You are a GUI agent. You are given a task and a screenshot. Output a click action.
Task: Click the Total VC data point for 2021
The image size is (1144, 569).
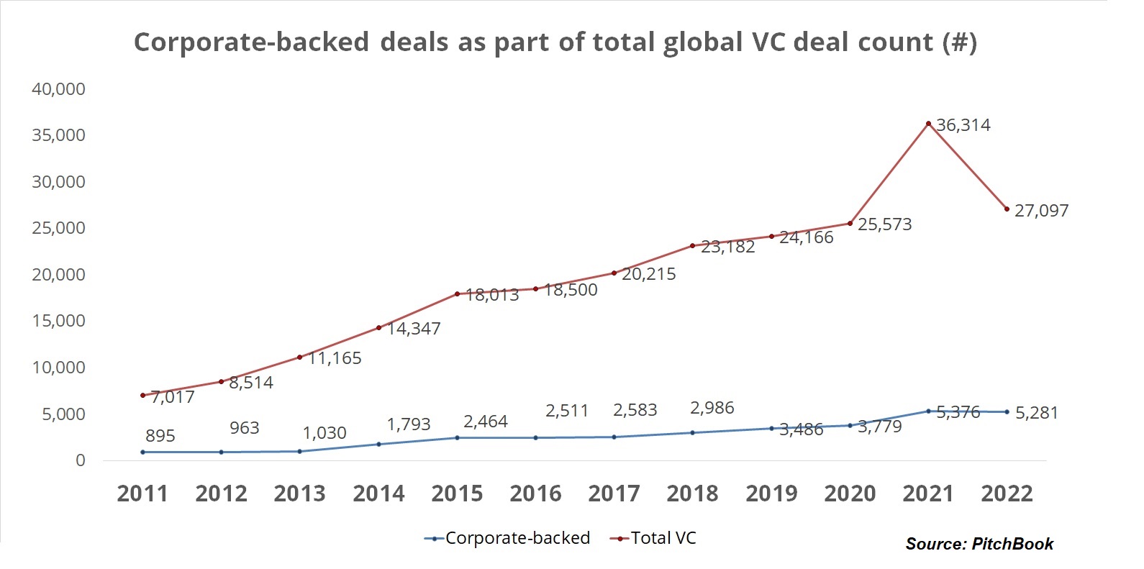click(928, 124)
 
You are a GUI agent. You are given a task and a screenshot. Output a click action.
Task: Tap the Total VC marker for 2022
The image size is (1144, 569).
click(1007, 209)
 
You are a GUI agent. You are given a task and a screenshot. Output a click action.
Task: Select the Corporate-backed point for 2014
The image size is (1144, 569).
click(378, 444)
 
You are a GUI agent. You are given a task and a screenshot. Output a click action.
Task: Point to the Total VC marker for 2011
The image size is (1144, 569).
click(142, 395)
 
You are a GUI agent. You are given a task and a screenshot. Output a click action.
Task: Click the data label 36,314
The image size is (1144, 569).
click(963, 125)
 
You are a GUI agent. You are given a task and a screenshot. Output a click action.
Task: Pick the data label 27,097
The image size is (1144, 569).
click(1041, 211)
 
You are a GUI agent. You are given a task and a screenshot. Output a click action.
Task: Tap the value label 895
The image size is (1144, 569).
click(160, 435)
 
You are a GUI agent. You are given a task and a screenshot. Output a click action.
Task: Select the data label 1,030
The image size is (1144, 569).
click(324, 433)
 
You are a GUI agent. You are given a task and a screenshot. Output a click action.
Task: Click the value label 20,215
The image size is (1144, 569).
click(648, 274)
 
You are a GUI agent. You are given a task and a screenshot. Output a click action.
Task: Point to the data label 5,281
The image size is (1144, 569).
click(1036, 413)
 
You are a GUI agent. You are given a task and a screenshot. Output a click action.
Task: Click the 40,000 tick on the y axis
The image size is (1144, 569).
click(58, 89)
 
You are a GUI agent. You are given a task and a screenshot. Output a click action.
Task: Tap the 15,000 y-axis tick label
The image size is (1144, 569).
click(58, 321)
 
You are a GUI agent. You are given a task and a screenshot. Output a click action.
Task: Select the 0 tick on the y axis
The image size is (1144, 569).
click(80, 460)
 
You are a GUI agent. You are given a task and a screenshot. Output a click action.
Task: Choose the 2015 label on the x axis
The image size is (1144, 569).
click(457, 493)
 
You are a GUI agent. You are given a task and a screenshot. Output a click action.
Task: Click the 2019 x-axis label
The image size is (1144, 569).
click(771, 493)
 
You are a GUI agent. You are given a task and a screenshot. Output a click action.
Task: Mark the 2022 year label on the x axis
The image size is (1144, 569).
click(1007, 493)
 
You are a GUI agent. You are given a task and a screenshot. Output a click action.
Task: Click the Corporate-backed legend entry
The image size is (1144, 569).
click(508, 538)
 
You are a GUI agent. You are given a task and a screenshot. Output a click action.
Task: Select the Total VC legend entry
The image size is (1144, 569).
click(654, 538)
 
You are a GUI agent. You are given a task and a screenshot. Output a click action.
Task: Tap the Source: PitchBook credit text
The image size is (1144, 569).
click(979, 544)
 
